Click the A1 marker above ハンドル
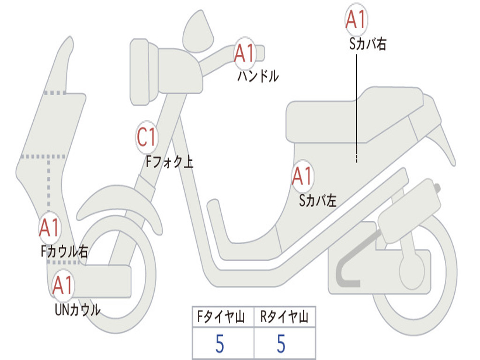click(x=244, y=53)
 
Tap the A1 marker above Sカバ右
click(x=356, y=20)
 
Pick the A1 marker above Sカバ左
click(x=302, y=177)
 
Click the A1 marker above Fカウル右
click(x=49, y=228)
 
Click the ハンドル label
click(x=258, y=76)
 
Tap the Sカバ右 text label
click(x=367, y=45)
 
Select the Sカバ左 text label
click(x=318, y=201)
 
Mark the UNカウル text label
click(x=77, y=310)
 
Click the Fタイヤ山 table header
click(x=223, y=318)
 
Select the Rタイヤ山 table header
click(x=285, y=318)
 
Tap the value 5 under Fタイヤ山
click(x=219, y=344)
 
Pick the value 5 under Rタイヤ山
click(x=281, y=344)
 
